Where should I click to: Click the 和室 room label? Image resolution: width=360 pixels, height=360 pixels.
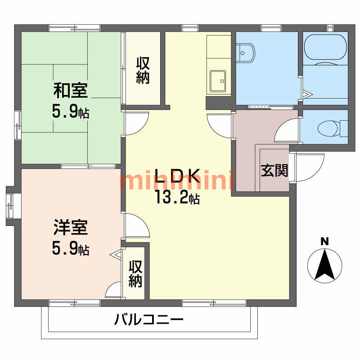point(71,90)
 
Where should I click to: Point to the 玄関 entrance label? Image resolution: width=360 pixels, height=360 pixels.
point(274,171)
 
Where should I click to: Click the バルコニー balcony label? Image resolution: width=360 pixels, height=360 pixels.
point(148,321)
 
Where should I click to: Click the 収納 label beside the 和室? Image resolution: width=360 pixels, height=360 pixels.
point(143,70)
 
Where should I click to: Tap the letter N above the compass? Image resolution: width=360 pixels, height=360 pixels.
point(324,241)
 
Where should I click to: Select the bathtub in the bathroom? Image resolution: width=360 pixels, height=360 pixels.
point(325,47)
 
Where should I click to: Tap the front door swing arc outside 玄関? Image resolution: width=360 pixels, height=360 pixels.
point(310,166)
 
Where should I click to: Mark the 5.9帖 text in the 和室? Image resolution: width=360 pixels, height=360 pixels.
point(71,112)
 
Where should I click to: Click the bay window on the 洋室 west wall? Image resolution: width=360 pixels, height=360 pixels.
point(10,205)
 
